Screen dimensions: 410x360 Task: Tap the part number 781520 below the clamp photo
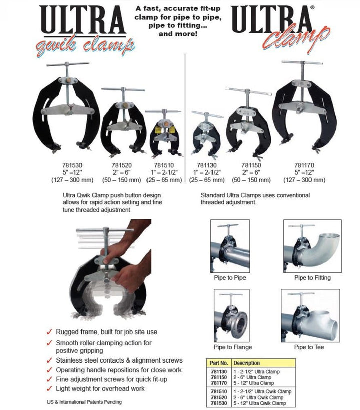122,164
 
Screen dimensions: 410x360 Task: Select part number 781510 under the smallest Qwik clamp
163,164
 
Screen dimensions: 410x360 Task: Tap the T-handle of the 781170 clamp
301,63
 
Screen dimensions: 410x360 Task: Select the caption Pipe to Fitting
312,278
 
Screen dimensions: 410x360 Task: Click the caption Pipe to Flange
233,347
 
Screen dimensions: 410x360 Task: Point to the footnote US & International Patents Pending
81,402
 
